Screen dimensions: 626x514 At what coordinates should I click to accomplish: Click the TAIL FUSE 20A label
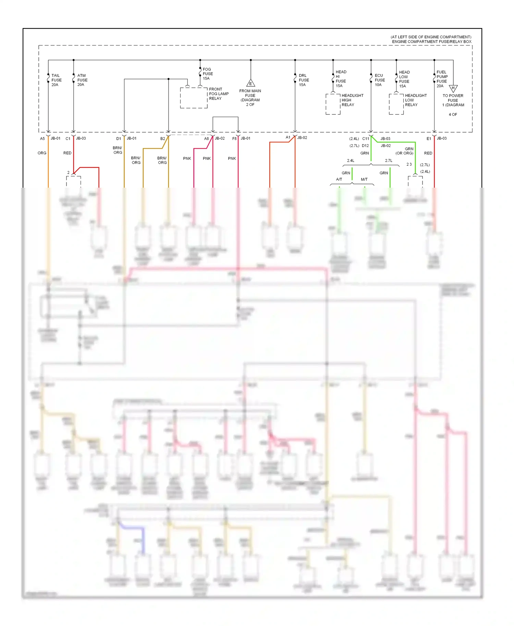56,80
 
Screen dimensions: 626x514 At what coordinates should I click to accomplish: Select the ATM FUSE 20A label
82,80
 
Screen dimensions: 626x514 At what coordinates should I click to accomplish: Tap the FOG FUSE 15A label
208,74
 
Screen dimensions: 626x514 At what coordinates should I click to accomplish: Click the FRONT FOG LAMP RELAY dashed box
194,98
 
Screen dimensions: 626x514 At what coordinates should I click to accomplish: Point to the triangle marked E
250,83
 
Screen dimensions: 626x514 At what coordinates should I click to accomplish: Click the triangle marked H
453,88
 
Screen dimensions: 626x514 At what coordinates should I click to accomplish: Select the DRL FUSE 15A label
304,80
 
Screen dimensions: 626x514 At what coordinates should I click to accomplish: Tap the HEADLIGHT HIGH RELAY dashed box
333,104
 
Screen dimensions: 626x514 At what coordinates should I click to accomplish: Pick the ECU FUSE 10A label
380,80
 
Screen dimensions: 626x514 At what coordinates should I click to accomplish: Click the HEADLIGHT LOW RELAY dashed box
396,104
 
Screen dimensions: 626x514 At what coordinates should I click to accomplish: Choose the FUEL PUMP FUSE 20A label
442,79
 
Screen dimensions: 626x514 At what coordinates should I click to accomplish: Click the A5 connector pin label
42,139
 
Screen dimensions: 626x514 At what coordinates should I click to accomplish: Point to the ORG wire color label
42,153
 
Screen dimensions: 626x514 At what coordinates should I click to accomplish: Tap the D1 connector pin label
119,139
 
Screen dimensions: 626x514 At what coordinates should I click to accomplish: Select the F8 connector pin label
234,139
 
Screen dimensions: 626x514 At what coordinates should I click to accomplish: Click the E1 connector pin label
429,139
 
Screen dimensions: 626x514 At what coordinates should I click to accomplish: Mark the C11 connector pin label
366,139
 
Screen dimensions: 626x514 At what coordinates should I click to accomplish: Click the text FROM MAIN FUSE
250,93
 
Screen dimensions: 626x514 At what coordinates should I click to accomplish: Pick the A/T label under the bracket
339,179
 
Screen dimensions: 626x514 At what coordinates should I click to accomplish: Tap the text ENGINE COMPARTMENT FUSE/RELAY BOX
431,42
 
